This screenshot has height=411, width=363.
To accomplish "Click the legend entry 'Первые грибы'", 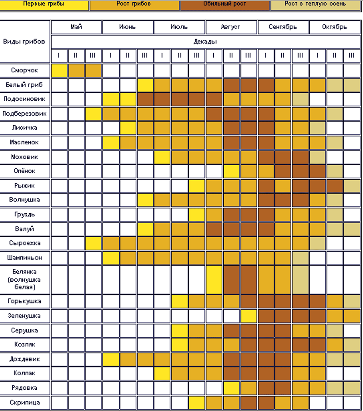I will click(x=44, y=4).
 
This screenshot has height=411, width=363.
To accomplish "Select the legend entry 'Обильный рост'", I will click(x=225, y=4).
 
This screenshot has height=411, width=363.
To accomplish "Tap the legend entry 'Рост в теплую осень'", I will click(x=316, y=4).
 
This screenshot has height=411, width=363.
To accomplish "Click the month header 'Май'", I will click(x=76, y=27).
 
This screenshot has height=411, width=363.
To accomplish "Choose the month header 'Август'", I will click(x=231, y=27).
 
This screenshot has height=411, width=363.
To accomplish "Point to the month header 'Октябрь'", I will click(x=335, y=27).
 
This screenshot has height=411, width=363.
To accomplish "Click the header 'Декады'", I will click(x=205, y=41).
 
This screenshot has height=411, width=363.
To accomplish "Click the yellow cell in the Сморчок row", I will click(x=59, y=71).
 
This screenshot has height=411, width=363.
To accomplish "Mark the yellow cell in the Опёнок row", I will click(x=231, y=171).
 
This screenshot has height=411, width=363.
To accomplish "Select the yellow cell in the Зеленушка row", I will click(x=248, y=316).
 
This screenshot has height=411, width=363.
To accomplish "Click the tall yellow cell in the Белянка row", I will click(x=214, y=279).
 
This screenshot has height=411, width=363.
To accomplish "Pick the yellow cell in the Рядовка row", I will click(x=231, y=388).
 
